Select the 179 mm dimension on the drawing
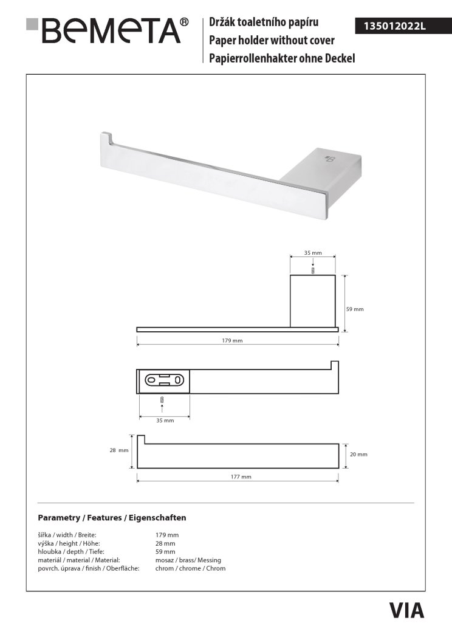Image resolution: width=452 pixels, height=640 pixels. pyautogui.click(x=232, y=341)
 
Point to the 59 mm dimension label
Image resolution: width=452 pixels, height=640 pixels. pyautogui.click(x=354, y=309)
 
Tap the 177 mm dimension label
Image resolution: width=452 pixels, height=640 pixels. pyautogui.click(x=241, y=477)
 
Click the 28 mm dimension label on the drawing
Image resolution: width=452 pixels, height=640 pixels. pyautogui.click(x=118, y=450)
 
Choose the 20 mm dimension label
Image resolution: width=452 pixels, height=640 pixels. pyautogui.click(x=358, y=454)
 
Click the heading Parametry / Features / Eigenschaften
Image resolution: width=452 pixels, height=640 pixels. pyautogui.click(x=112, y=518)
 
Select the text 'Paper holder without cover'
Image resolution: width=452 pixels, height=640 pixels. pyautogui.click(x=272, y=41)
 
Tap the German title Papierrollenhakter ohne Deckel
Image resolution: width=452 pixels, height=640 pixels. pyautogui.click(x=282, y=58)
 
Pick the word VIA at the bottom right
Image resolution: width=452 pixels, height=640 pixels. pyautogui.click(x=406, y=610)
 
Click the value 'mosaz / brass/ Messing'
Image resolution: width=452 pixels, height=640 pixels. pyautogui.click(x=188, y=560)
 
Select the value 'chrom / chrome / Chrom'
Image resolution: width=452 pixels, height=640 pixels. pyautogui.click(x=190, y=568)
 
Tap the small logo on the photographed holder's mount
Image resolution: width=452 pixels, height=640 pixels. pyautogui.click(x=330, y=159)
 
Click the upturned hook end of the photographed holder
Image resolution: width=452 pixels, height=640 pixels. pyautogui.click(x=106, y=138)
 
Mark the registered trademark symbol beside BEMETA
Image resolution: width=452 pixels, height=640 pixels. pyautogui.click(x=185, y=22)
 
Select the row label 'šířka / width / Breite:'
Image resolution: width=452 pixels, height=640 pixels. pyautogui.click(x=67, y=535)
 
